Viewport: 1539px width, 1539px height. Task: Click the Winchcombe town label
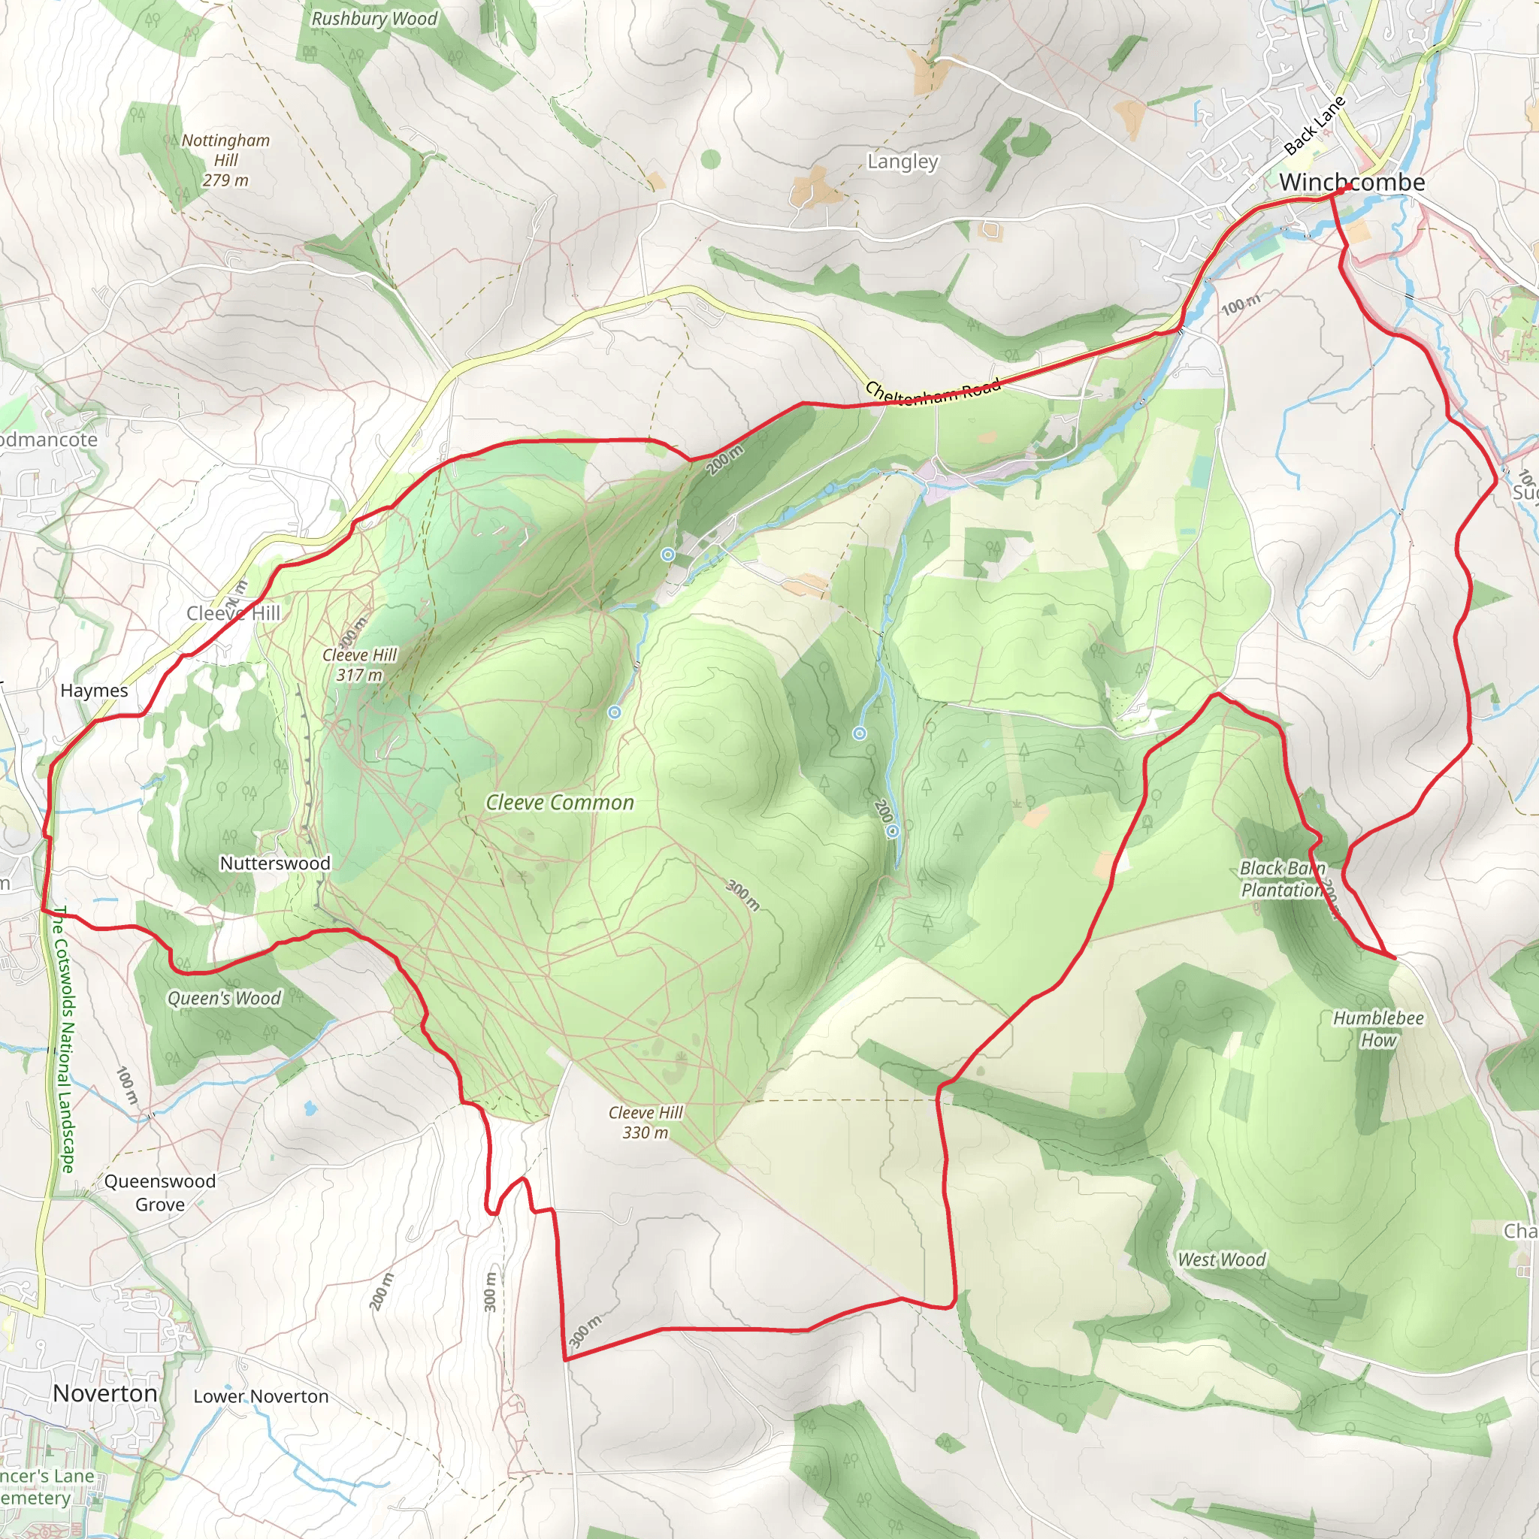(x=1352, y=183)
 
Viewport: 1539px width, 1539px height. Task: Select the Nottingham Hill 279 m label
(x=225, y=160)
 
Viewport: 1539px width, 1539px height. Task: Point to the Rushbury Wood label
(x=374, y=18)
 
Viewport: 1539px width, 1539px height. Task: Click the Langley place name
(x=903, y=162)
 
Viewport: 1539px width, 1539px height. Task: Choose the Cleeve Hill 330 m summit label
(x=646, y=1123)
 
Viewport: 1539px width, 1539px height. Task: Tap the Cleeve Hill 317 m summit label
(x=359, y=664)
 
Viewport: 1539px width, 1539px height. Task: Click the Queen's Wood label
(x=224, y=998)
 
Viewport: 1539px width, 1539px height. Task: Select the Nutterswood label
(x=275, y=863)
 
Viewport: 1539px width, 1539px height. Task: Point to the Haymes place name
(x=94, y=691)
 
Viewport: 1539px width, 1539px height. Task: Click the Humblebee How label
(x=1378, y=1029)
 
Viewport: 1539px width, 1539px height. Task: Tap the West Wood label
(x=1222, y=1259)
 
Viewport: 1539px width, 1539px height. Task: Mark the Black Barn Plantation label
(x=1282, y=878)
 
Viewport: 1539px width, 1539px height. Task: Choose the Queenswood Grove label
(x=160, y=1193)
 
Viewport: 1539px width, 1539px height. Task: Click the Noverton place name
(x=105, y=1393)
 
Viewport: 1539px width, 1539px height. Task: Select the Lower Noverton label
(x=262, y=1396)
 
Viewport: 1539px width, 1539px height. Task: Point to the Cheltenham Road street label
(x=932, y=392)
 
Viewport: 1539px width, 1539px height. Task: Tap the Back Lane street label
(x=1314, y=125)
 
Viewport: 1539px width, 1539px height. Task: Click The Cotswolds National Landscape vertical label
(x=64, y=1039)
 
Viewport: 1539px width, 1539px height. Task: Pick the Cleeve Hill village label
(x=233, y=612)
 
